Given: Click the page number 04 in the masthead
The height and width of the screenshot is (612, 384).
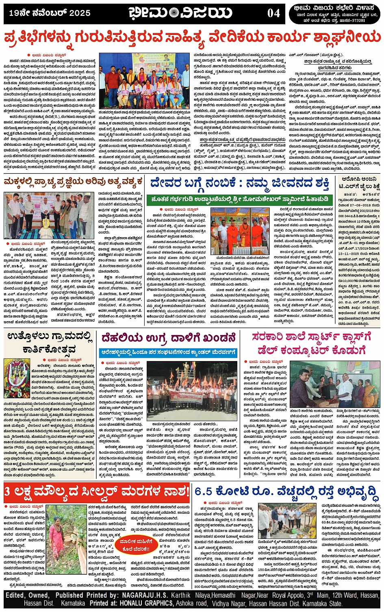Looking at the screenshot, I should point(273,13).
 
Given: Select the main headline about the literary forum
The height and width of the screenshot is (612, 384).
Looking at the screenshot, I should point(192,38).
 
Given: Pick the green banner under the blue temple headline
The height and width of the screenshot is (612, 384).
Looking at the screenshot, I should point(240,199).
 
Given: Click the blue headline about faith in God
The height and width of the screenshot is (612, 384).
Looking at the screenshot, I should point(240,184).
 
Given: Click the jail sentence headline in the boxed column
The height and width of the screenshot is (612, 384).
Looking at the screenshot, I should point(359,183).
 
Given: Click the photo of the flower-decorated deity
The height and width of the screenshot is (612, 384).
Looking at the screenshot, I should point(17,379).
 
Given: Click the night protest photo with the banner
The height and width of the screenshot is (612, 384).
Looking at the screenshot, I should point(191,391).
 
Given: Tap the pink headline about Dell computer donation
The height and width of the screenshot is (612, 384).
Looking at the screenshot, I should point(311,344).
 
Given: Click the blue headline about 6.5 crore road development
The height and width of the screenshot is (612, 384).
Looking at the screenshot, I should point(286,492).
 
